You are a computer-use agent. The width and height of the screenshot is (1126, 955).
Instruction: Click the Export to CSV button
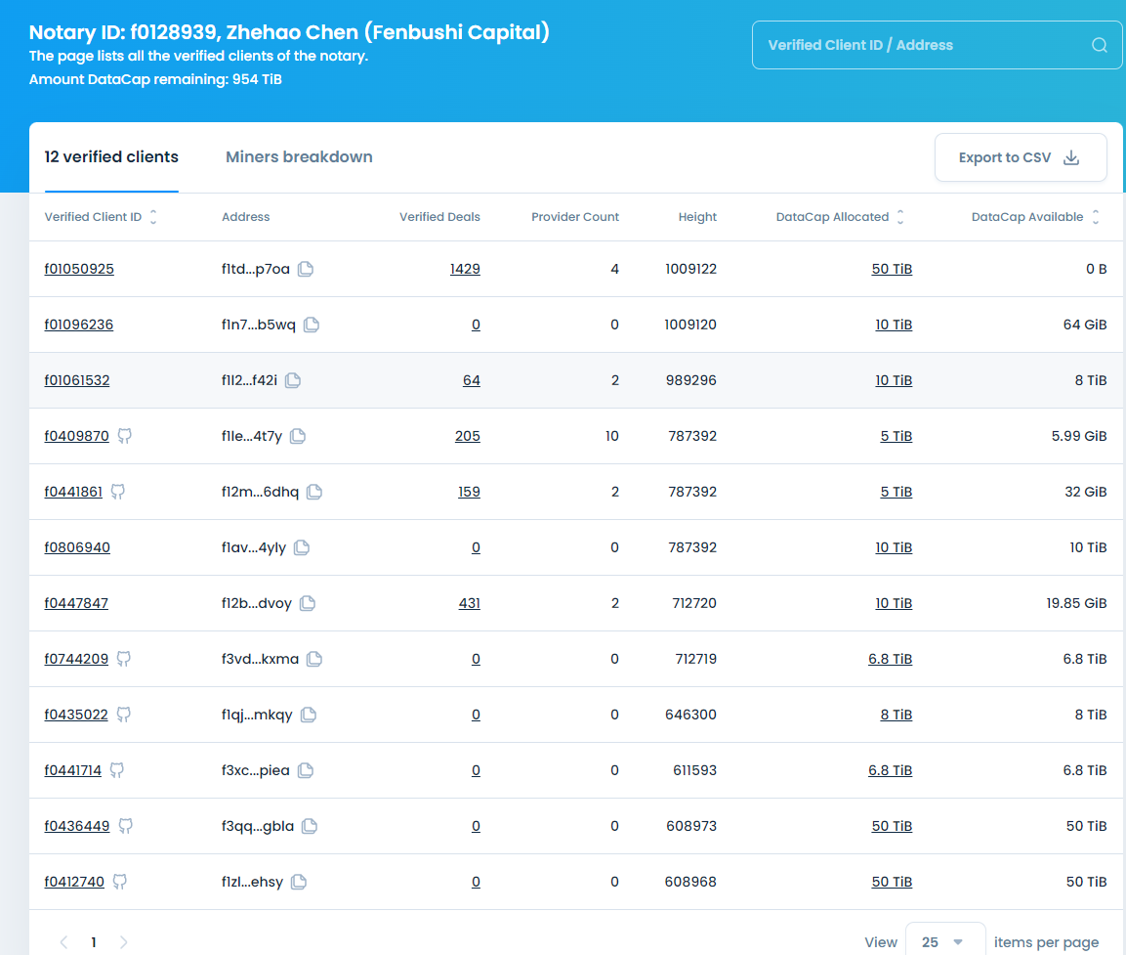1020,157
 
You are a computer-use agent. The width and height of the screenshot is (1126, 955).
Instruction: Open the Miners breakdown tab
299,157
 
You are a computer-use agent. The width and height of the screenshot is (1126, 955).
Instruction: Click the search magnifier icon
1099,45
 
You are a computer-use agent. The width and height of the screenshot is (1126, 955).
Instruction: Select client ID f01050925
79,269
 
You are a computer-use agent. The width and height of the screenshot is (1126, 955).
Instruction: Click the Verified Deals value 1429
465,269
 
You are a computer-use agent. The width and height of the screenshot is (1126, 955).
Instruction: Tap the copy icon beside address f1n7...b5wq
312,325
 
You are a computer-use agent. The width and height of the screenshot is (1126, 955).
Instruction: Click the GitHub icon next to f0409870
124,436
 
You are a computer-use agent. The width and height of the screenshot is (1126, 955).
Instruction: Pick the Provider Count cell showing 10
611,436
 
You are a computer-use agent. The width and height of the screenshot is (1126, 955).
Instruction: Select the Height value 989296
690,380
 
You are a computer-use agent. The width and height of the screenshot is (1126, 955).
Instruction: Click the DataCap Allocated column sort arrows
900,217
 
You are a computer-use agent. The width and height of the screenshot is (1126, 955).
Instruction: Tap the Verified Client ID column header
93,217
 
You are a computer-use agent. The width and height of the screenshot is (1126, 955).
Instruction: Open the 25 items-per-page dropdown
944,942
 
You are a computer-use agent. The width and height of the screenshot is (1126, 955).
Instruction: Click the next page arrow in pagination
124,942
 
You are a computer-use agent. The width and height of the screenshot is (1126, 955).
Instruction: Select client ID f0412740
74,882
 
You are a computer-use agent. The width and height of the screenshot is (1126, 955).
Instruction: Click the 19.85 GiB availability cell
1076,603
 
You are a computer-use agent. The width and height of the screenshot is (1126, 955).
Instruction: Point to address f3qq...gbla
258,826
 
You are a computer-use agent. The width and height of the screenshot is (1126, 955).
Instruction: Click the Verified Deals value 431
469,603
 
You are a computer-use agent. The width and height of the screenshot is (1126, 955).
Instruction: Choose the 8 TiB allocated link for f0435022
896,715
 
